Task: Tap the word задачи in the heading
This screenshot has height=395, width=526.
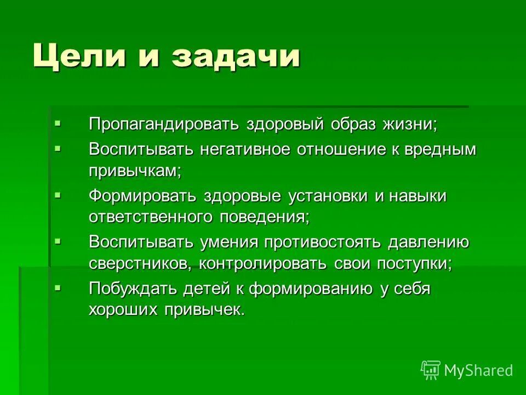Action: point(236,57)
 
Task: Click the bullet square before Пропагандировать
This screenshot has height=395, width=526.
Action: point(58,122)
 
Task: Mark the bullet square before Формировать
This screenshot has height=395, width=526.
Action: point(58,194)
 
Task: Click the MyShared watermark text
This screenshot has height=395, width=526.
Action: point(478,371)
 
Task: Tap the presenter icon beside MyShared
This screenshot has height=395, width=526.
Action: point(431,370)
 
